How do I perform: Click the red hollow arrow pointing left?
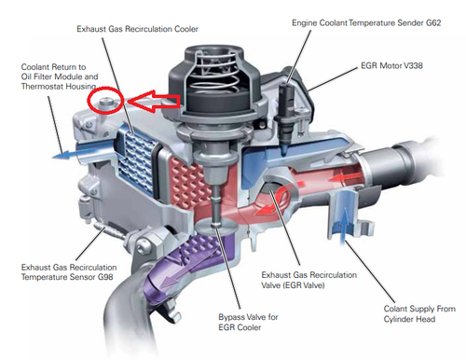(x=154, y=101)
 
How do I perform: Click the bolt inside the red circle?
(x=105, y=103)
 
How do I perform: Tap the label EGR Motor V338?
(x=391, y=65)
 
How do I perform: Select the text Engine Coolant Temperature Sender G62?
(x=366, y=22)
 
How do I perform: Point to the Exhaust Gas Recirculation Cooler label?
(x=137, y=29)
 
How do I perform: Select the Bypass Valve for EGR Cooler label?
(x=248, y=322)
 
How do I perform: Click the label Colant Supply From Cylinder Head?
(x=419, y=313)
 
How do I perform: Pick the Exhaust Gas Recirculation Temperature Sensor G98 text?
(x=69, y=272)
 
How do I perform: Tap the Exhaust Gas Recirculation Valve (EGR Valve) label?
(x=308, y=280)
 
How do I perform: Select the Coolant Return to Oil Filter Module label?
(x=60, y=76)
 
